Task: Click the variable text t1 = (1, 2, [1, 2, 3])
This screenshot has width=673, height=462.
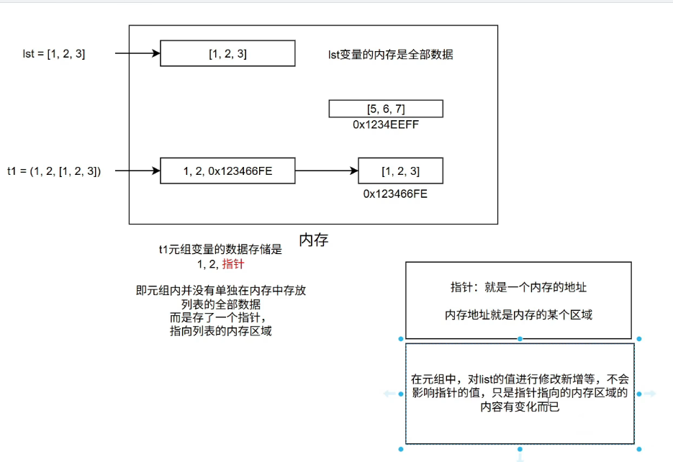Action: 54,171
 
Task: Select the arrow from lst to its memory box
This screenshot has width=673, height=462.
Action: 137,53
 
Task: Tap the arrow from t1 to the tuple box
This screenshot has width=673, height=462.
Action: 137,171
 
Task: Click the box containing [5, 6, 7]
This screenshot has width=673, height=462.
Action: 386,109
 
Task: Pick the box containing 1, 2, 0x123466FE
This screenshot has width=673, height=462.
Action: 227,171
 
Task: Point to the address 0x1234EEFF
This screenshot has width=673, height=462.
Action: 387,124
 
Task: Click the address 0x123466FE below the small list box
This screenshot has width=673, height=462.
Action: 395,193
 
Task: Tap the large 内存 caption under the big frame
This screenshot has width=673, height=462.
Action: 313,240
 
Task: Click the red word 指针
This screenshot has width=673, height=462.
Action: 232,264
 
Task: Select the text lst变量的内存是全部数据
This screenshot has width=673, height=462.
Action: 390,54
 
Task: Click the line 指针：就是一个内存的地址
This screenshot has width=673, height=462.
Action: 518,288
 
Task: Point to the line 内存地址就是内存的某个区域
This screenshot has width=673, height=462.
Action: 518,314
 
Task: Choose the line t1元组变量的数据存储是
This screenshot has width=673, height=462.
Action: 221,250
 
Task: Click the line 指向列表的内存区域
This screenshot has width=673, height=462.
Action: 221,331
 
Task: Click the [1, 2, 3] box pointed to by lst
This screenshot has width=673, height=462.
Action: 227,53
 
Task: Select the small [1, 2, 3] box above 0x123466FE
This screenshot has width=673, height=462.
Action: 400,171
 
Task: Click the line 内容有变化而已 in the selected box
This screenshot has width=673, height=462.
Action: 520,407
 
